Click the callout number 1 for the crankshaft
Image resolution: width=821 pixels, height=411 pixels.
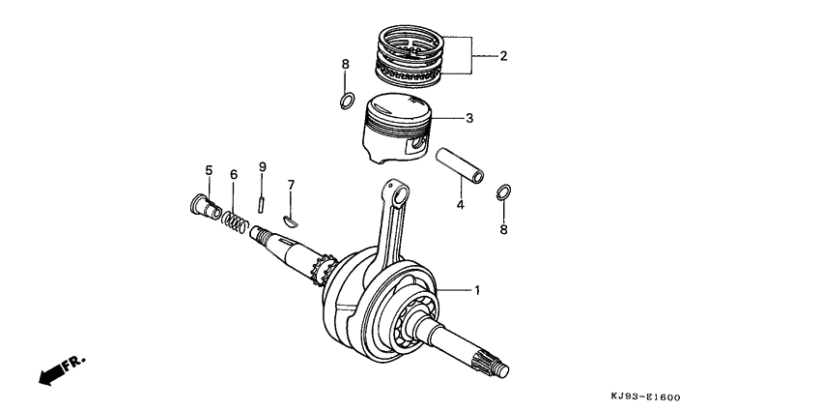pos(475,290)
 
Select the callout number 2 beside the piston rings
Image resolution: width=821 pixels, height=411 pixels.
pos(502,56)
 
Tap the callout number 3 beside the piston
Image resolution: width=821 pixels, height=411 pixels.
pos(469,119)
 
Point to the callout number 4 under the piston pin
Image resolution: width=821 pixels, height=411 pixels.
pos(460,205)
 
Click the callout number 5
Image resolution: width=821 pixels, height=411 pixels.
pos(208,171)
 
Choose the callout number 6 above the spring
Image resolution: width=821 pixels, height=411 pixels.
pos(233,174)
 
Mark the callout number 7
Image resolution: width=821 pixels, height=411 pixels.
pos(291,184)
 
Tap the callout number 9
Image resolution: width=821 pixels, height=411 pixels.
pos(261,167)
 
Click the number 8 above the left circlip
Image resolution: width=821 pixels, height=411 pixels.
pos(344,65)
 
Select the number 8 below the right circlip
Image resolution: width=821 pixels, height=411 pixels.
pos(502,230)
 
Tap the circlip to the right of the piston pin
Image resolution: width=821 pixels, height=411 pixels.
pos(502,192)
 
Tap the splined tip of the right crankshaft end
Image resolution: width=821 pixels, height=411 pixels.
pos(498,367)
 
